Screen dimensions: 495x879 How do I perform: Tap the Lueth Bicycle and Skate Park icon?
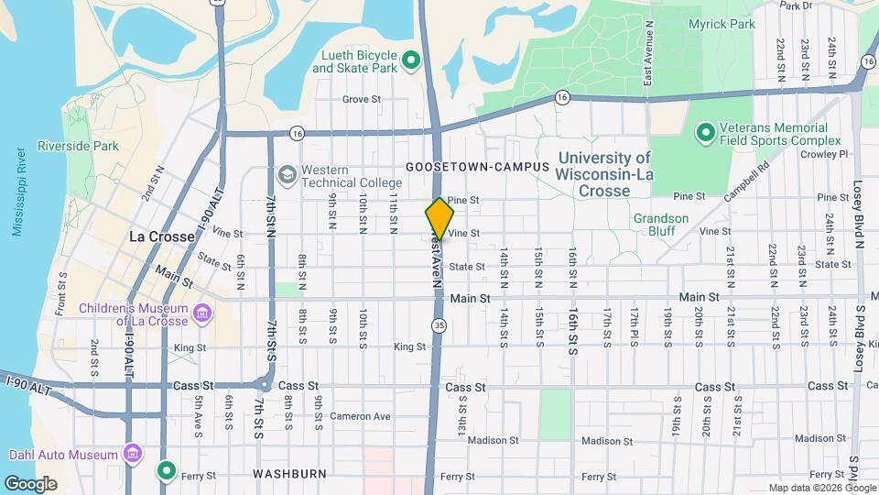pyautogui.click(x=411, y=61)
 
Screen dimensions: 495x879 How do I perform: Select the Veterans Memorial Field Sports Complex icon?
pyautogui.click(x=705, y=134)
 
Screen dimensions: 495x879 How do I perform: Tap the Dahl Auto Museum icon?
pyautogui.click(x=134, y=454)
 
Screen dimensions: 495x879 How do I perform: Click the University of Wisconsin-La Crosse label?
pyautogui.click(x=604, y=174)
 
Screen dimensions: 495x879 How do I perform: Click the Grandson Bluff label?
pyautogui.click(x=661, y=218)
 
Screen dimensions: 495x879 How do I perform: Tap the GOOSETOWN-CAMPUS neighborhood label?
pyautogui.click(x=478, y=167)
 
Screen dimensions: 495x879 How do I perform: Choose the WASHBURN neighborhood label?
pyautogui.click(x=290, y=474)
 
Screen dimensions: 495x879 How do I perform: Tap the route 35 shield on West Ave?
pyautogui.click(x=440, y=324)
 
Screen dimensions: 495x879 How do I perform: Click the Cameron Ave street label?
pyautogui.click(x=360, y=416)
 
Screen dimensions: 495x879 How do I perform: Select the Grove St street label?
pyautogui.click(x=361, y=99)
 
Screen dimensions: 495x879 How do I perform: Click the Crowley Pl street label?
pyautogui.click(x=830, y=155)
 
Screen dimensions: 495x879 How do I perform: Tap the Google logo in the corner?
pyautogui.click(x=30, y=483)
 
